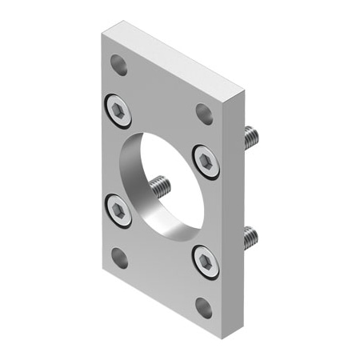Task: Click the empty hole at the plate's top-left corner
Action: pyautogui.click(x=119, y=64)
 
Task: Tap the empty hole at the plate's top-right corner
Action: pyautogui.click(x=204, y=113)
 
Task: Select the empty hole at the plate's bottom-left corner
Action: pyautogui.click(x=119, y=257)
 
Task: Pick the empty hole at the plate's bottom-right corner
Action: pyautogui.click(x=204, y=306)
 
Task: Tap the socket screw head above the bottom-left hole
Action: pyautogui.click(x=119, y=210)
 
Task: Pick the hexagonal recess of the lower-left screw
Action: pyautogui.click(x=119, y=210)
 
